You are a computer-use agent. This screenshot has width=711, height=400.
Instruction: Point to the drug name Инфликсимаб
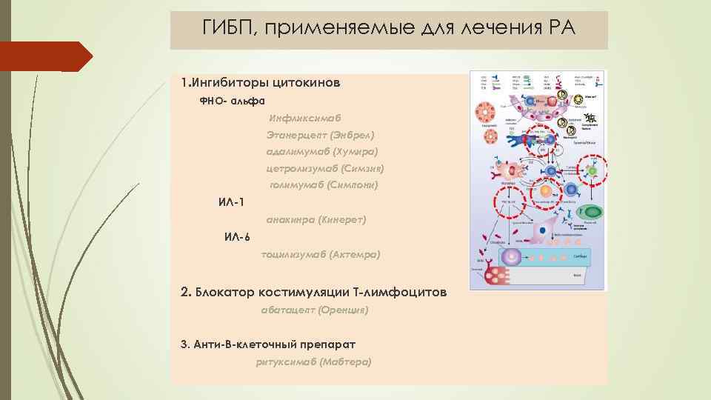pos(305,117)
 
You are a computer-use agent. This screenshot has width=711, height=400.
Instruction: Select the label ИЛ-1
pos(231,202)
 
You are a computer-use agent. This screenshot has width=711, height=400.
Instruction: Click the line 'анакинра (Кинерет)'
pos(316,219)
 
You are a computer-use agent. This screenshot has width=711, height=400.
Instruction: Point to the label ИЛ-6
pos(238,237)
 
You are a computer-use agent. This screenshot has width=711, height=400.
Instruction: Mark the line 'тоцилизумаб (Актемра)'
pos(321,254)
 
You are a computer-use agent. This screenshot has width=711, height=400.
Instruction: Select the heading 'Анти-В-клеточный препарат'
pos(273,344)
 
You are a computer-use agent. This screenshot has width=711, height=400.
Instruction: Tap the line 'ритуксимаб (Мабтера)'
pos(314,361)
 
